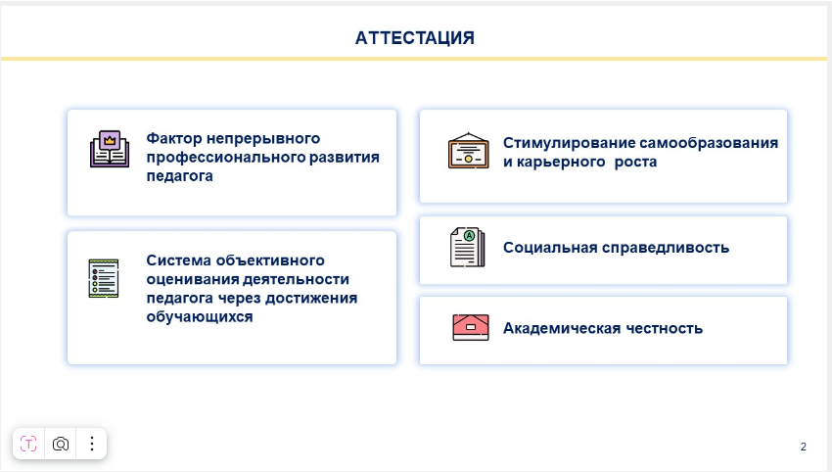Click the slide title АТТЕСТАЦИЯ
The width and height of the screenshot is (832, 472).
tap(414, 37)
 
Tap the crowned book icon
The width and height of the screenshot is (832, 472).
tap(110, 149)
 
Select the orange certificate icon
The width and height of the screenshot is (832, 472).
tap(468, 151)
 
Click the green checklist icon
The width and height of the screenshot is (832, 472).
tap(104, 278)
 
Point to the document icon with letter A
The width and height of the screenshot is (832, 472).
tap(467, 248)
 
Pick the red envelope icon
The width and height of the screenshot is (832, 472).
tap(470, 327)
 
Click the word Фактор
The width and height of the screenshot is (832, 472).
tap(174, 139)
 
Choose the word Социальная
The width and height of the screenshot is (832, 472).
tap(550, 248)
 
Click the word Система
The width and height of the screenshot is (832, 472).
tap(179, 260)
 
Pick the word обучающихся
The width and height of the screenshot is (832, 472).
tap(200, 317)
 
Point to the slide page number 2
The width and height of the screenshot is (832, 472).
tap(804, 447)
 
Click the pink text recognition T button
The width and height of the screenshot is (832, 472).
tap(28, 444)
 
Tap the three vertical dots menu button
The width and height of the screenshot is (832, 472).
tap(92, 444)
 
